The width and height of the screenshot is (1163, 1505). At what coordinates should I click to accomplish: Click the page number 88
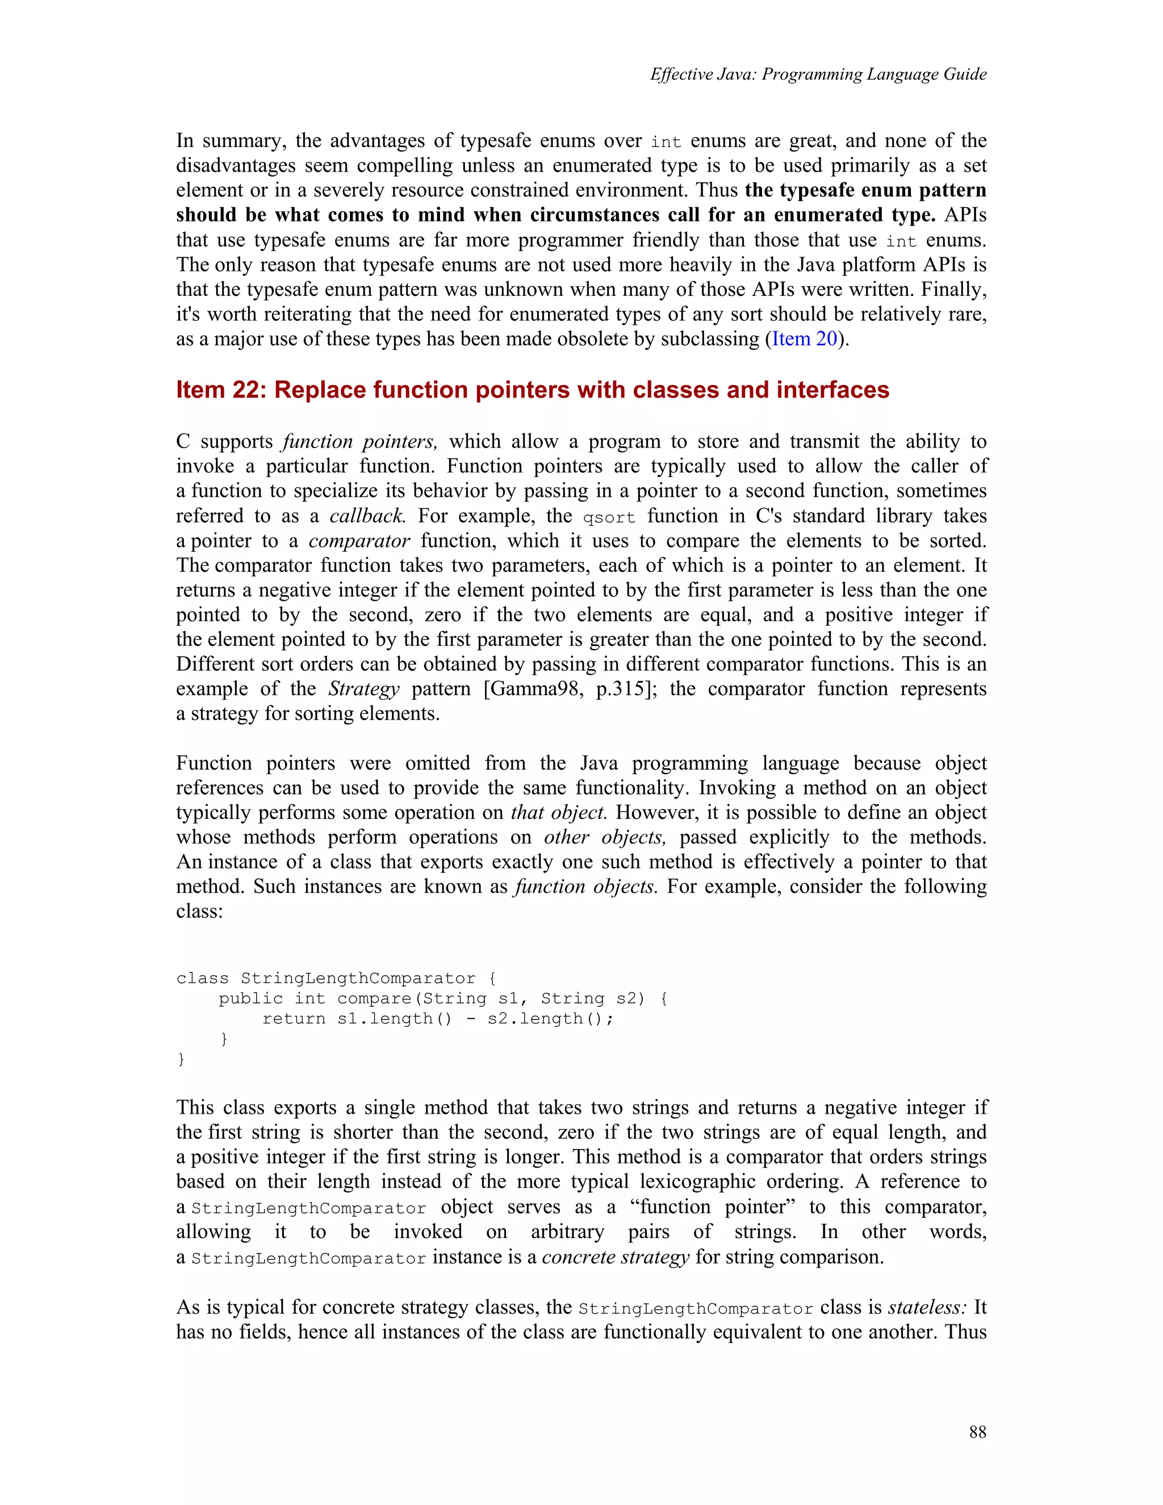pos(977,1432)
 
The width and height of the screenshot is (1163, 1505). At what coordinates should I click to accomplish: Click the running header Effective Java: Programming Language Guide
pos(818,74)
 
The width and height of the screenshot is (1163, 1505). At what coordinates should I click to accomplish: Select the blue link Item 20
pos(804,339)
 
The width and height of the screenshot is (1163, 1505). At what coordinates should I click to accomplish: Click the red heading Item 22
pos(532,390)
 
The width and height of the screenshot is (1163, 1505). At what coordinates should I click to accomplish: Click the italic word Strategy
pos(363,689)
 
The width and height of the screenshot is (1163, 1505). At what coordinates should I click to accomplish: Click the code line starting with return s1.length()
pos(437,1018)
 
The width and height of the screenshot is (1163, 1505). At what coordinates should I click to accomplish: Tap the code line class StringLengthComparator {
pos(336,979)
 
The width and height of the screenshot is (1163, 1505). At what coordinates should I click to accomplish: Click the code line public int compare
pos(442,998)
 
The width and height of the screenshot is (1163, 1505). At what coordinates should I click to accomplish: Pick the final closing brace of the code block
pos(181,1059)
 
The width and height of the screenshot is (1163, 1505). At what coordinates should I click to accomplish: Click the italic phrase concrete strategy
pos(615,1257)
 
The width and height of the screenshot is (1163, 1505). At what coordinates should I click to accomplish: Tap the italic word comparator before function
pos(359,541)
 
